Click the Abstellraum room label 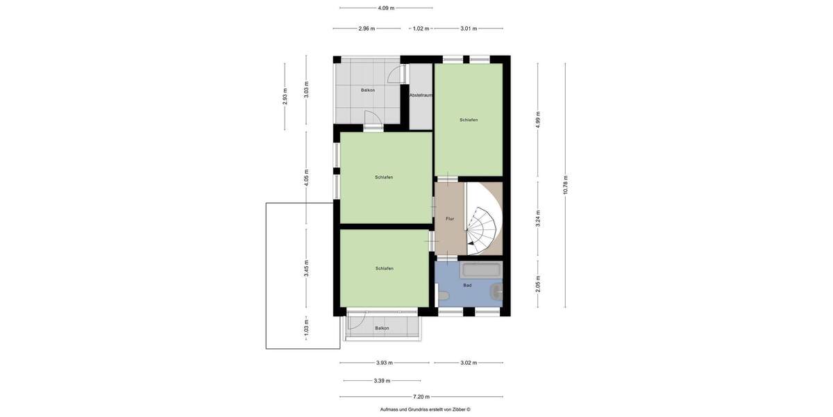point(421,95)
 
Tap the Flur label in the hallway point(450,219)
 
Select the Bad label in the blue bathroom point(467,285)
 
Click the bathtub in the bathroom point(481,269)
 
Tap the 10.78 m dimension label point(566,185)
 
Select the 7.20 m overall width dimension point(421,397)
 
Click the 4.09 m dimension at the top point(386,8)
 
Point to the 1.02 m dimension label point(421,28)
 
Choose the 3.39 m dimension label point(382,381)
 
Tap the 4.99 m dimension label point(538,120)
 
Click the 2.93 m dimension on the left point(285,96)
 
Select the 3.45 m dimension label point(306,268)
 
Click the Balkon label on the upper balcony point(368,90)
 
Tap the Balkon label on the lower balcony point(382,328)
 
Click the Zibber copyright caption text point(425,409)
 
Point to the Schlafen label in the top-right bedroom point(469,120)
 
